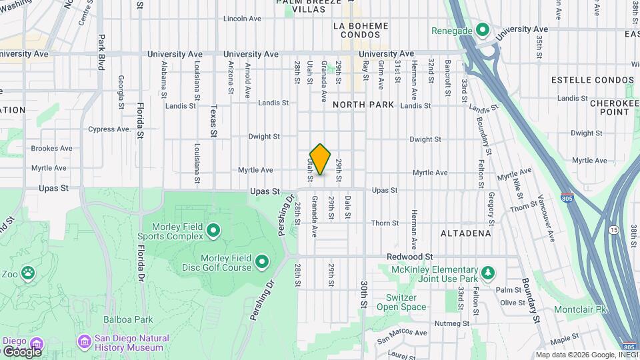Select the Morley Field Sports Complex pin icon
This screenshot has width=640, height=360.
[x=213, y=231]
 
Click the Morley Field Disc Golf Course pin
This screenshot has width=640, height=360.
[x=262, y=262]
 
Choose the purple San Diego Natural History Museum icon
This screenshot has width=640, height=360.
[x=84, y=342]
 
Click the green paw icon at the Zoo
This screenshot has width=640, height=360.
[x=27, y=273]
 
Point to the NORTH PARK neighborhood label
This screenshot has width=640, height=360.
[x=363, y=105]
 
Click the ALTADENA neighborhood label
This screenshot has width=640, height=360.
[x=466, y=233]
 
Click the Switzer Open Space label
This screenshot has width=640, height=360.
[x=401, y=302]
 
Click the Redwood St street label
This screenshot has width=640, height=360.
[x=411, y=257]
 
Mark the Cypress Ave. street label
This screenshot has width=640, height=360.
[x=109, y=129]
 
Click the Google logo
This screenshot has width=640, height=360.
[x=21, y=351]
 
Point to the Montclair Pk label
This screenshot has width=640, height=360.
[x=581, y=310]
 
